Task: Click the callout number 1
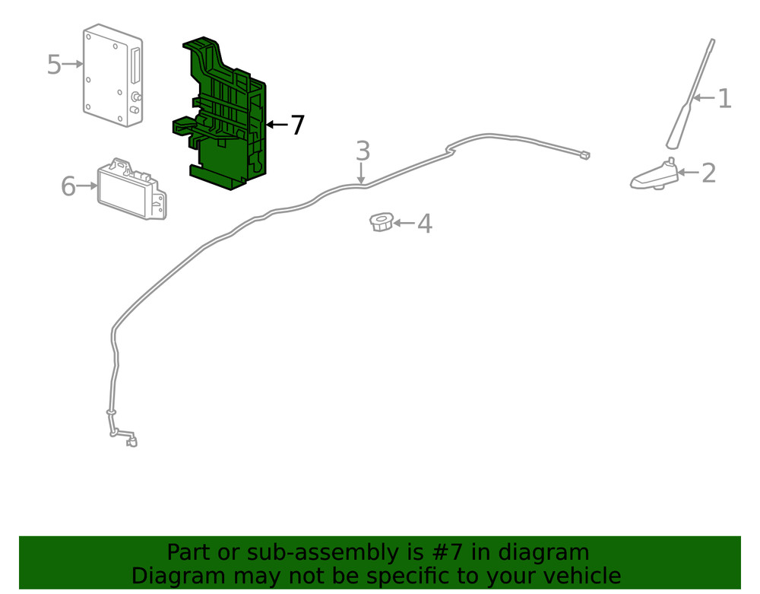point(724,98)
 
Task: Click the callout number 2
point(708,173)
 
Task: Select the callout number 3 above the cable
point(363,151)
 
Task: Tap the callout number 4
point(424,224)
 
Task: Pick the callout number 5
point(53,65)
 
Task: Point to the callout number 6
point(68,186)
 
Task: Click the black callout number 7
point(297,125)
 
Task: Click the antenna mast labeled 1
point(692,95)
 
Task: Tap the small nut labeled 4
point(380,222)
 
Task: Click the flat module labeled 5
point(112,74)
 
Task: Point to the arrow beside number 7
point(276,125)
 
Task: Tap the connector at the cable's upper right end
point(584,155)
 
